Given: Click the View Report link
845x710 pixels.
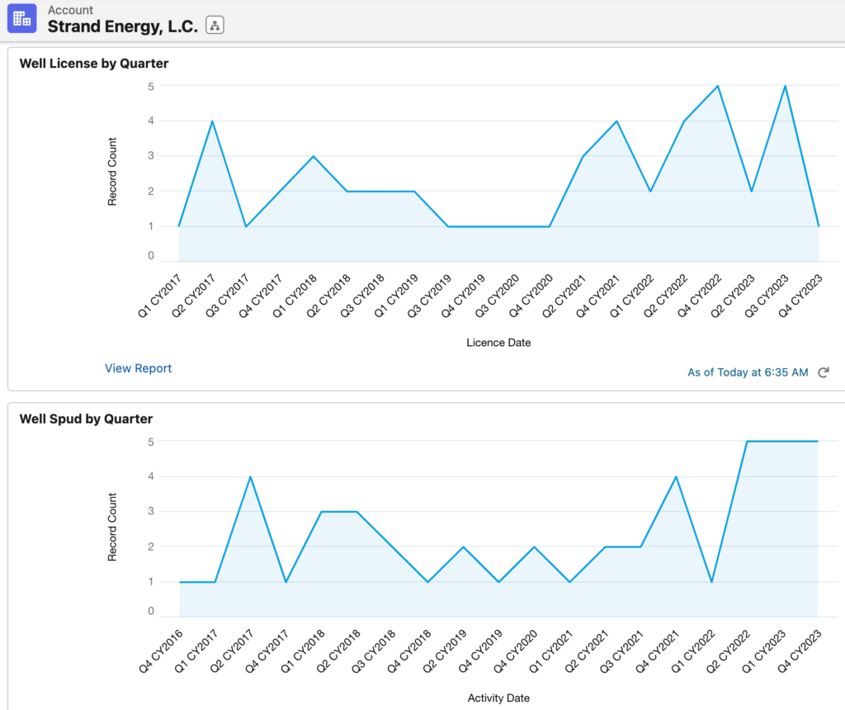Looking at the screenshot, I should click(x=138, y=368).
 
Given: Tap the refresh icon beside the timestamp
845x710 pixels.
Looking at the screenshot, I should click(x=823, y=372).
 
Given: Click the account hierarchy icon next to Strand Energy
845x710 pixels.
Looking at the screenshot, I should click(x=215, y=26).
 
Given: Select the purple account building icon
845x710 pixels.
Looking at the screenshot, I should click(x=22, y=18).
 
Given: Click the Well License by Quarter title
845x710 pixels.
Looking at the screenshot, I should click(x=93, y=63).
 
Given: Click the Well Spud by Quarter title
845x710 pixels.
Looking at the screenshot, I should click(x=86, y=419).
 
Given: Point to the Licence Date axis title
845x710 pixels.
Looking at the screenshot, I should click(x=498, y=343).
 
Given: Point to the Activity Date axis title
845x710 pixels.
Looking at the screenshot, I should click(x=498, y=698).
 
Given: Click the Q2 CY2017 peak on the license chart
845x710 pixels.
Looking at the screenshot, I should click(x=212, y=121).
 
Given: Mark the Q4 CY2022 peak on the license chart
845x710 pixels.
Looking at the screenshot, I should click(x=718, y=86).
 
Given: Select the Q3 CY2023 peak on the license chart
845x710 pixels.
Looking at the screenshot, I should click(x=785, y=86).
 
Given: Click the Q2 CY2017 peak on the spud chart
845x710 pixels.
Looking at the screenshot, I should click(x=250, y=476).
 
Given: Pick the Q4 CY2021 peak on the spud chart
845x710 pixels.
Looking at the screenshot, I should click(x=676, y=476).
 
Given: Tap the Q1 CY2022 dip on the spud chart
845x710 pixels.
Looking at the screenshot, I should click(x=711, y=582).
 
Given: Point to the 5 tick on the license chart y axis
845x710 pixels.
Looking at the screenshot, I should click(x=151, y=86).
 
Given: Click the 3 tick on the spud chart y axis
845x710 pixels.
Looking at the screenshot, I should click(x=151, y=511).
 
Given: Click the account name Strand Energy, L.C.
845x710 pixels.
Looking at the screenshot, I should click(x=122, y=26).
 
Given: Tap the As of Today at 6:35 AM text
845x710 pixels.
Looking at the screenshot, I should click(x=748, y=372).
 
